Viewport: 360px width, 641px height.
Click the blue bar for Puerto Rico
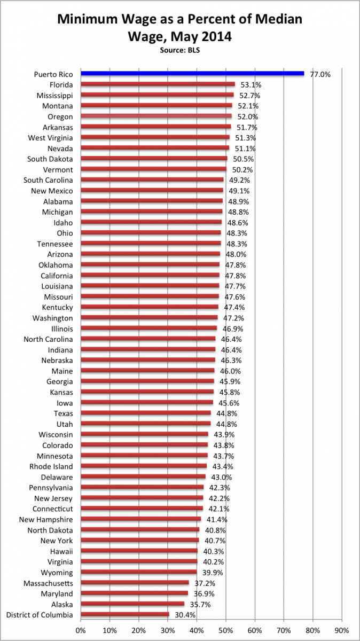[192, 74]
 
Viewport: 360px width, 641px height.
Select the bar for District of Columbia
[125, 615]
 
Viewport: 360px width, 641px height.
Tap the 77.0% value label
[320, 74]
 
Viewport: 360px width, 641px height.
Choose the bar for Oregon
[156, 116]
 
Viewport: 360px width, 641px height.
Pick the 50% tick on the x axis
[226, 630]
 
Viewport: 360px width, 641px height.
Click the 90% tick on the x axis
[342, 630]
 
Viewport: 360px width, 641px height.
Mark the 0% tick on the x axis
[81, 630]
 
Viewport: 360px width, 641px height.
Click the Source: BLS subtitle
[179, 50]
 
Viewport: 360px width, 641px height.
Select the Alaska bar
[132, 604]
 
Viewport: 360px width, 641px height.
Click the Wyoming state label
[57, 573]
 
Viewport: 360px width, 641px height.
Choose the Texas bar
[146, 413]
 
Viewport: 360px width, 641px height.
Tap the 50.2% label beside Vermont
[242, 169]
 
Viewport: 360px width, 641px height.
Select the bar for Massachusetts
[135, 583]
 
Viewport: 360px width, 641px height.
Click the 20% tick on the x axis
[139, 630]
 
